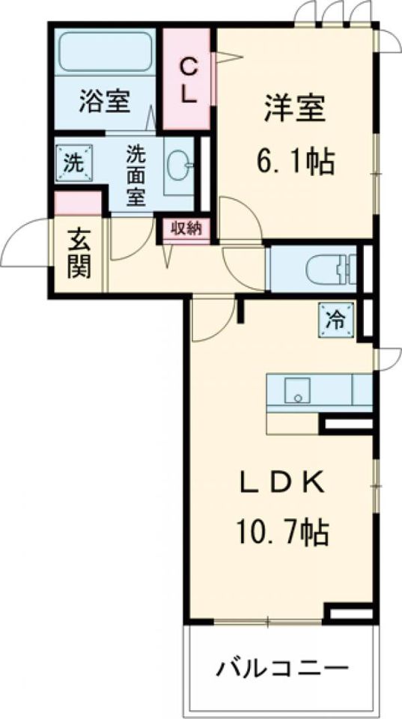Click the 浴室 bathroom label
coord(104,101)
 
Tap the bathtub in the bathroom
coord(105,52)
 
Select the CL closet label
coord(189,82)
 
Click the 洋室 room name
coord(294,109)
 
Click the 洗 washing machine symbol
coord(73,163)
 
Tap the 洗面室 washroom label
coord(136,175)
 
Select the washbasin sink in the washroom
coord(180,164)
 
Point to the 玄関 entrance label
coord(79,254)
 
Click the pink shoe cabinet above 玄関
coord(78,203)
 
